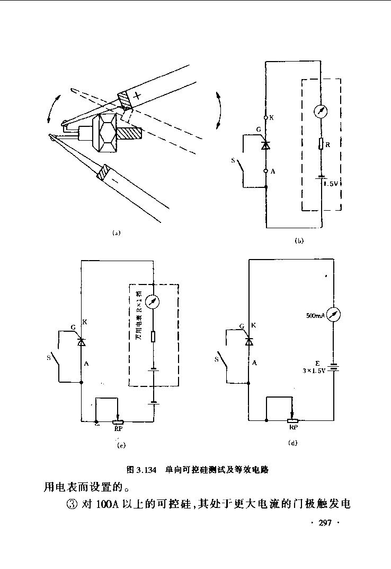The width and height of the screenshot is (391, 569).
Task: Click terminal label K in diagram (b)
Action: (272, 118)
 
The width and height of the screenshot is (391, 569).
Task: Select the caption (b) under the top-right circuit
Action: (299, 241)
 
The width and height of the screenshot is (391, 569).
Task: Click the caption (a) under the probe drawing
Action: (117, 232)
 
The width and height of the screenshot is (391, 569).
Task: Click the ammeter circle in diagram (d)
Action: (333, 315)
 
